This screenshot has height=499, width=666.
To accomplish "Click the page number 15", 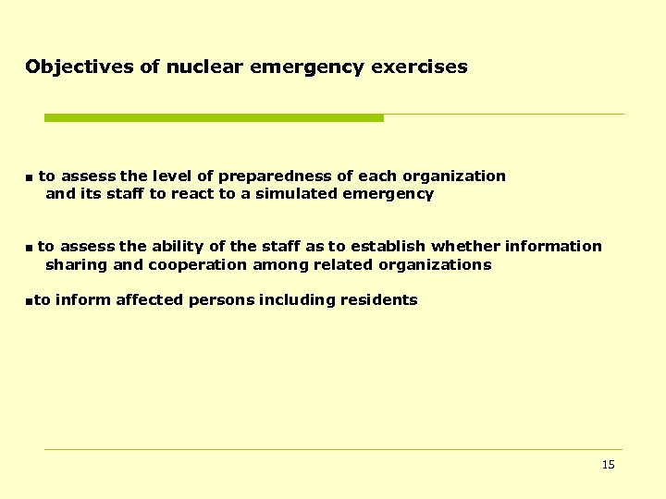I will [608, 465].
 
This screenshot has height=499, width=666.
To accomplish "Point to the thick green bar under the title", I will [214, 118].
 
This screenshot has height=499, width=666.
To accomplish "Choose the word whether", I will [464, 246].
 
